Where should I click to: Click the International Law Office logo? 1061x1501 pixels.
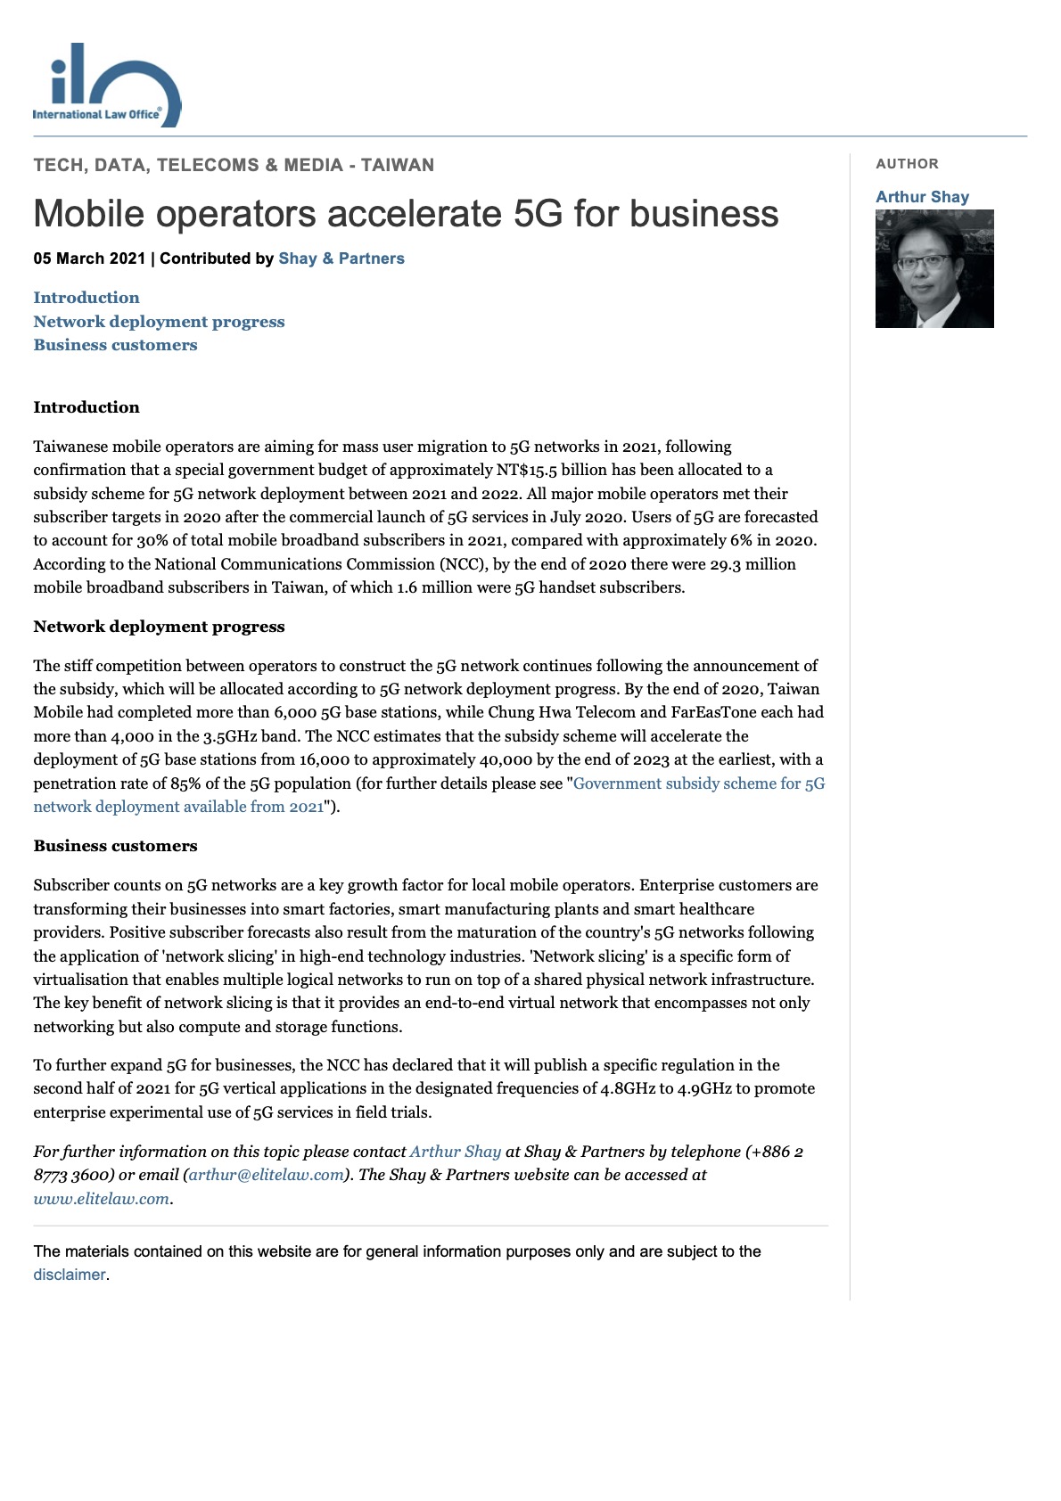click(x=105, y=85)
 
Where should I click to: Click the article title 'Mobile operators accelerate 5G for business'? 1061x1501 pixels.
click(x=406, y=214)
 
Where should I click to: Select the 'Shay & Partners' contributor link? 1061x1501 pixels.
click(x=341, y=258)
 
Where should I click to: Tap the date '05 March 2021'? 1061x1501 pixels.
click(x=89, y=258)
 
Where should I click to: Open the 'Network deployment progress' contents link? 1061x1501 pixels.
click(x=159, y=322)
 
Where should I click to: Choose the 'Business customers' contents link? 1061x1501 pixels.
click(x=115, y=345)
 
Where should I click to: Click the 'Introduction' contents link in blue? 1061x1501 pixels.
click(x=86, y=298)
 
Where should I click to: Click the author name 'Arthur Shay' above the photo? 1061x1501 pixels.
click(x=922, y=197)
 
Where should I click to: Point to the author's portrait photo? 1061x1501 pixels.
click(x=934, y=269)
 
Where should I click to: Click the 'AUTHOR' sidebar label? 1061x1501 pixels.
click(x=907, y=164)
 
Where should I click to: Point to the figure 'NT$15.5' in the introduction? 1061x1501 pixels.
click(x=527, y=470)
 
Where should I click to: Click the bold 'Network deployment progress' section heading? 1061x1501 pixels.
click(x=159, y=627)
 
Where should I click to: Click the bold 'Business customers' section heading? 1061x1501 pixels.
click(x=115, y=846)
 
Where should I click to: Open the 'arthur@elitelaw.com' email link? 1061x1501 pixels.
click(x=267, y=1175)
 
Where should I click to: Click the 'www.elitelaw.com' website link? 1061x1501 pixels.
click(x=101, y=1199)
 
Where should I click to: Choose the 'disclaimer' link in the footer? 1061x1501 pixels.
click(x=70, y=1275)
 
